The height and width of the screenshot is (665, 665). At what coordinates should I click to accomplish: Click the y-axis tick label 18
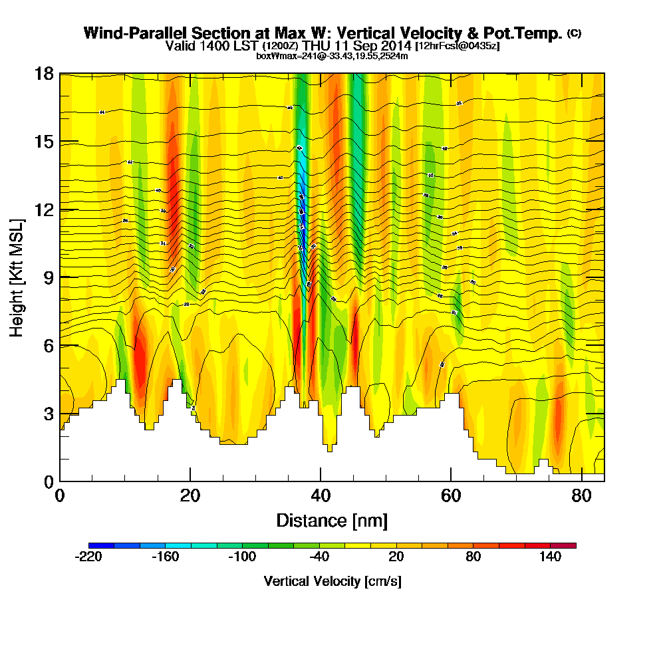coord(44,74)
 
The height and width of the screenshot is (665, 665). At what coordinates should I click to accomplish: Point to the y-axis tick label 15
coord(44,142)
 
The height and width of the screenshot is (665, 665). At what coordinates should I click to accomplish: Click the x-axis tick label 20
coord(190,496)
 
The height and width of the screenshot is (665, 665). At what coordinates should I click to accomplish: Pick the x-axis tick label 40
coord(321,496)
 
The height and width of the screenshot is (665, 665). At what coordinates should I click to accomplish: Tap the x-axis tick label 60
coord(451,496)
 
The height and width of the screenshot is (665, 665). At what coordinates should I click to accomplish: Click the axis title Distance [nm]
coord(332,520)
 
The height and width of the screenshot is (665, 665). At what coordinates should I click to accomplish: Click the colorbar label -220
coord(89,557)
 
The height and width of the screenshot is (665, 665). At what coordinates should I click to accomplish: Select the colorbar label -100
coord(242,557)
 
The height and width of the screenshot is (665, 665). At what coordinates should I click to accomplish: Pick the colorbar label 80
coord(473,557)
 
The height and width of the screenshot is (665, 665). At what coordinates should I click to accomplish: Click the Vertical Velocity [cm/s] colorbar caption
coord(332,581)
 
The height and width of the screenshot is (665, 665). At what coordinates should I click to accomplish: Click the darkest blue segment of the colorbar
coord(102,545)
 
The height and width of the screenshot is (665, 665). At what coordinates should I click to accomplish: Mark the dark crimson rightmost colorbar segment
coord(563,545)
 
